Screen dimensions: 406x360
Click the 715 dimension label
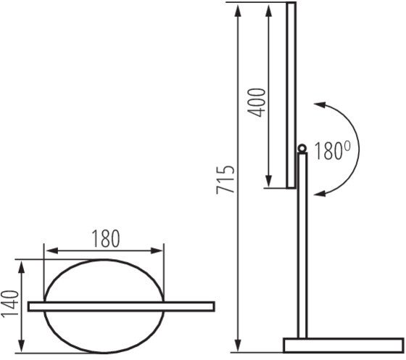[225, 179]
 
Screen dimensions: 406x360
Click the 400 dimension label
[257, 102]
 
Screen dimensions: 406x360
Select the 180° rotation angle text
[333, 150]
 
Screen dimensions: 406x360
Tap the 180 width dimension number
[106, 239]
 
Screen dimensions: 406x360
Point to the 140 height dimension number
[10, 304]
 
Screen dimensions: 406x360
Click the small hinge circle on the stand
[302, 149]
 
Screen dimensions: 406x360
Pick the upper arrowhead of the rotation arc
[320, 105]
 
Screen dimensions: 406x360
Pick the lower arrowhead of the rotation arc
[320, 193]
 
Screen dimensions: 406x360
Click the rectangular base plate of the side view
[344, 345]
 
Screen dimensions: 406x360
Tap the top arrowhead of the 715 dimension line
[238, 10]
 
